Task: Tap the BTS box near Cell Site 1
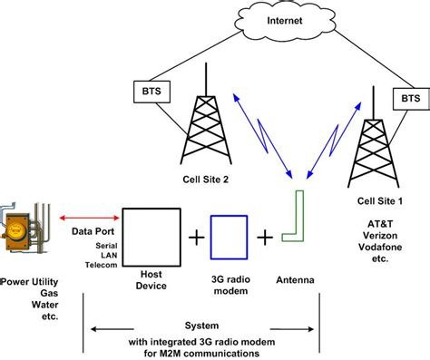408,97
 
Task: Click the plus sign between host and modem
193,238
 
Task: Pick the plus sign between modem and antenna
264,238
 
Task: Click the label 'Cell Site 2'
201,180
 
